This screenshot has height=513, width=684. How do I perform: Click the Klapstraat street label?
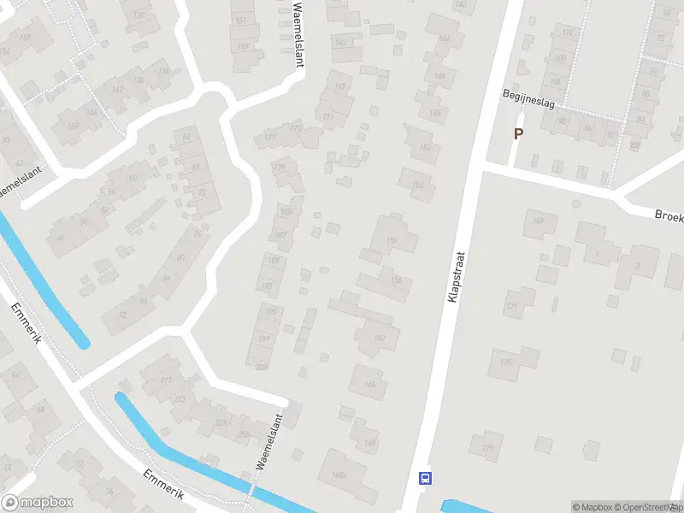(x=454, y=274)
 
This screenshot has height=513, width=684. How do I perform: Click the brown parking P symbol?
(x=517, y=133)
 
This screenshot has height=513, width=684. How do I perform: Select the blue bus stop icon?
(x=424, y=478)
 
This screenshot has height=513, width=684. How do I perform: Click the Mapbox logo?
(x=38, y=503)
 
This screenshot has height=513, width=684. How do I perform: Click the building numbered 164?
(x=369, y=384)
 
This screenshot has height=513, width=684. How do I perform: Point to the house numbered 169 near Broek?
(x=539, y=222)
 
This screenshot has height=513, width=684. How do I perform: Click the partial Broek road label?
(x=669, y=215)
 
